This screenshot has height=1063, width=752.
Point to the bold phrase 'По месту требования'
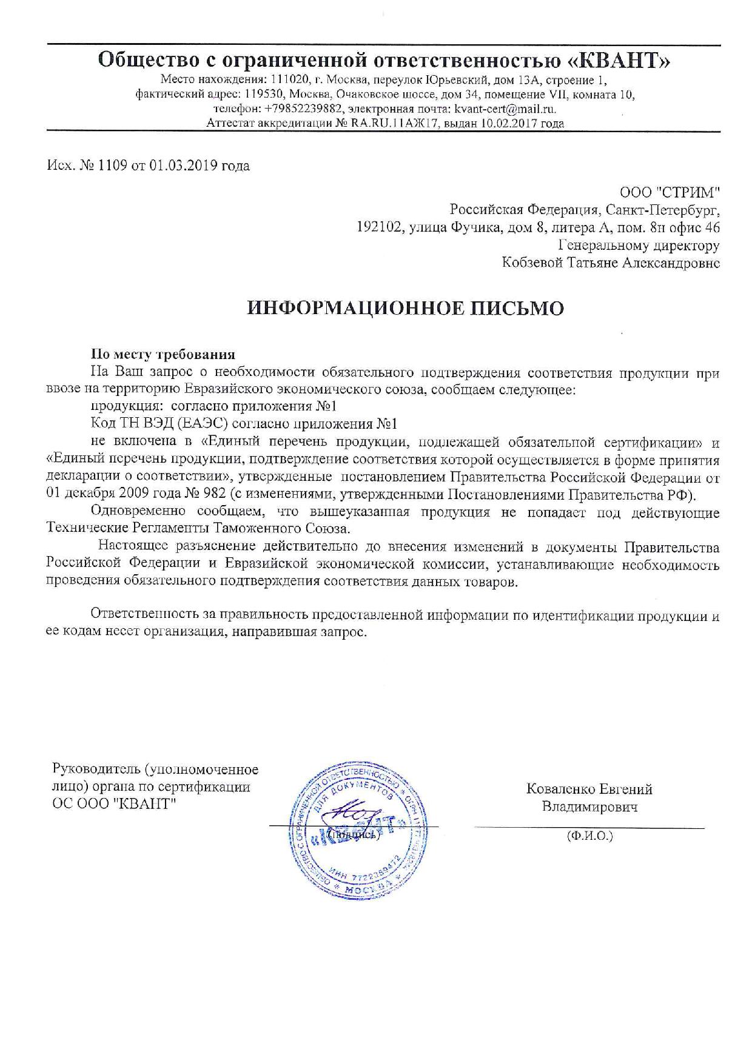tap(163, 355)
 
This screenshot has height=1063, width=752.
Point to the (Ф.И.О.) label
tap(589, 836)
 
